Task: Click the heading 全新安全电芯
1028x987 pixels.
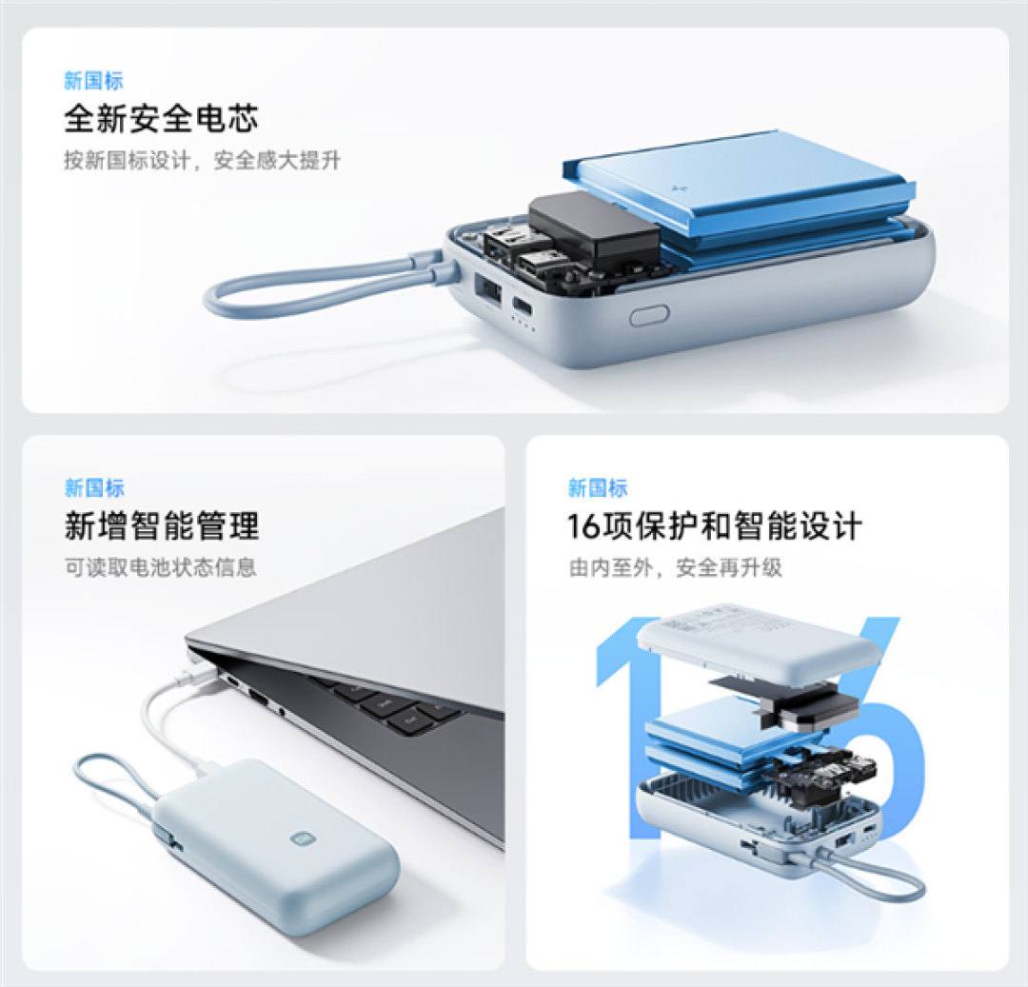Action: point(161,119)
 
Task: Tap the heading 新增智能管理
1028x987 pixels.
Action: point(162,525)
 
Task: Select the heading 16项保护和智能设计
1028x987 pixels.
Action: point(715,525)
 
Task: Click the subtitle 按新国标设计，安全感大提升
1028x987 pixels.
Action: point(202,160)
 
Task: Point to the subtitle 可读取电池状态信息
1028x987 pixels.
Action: point(160,567)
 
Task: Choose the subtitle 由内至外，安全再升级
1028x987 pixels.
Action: point(675,567)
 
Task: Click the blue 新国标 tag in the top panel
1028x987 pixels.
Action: point(93,81)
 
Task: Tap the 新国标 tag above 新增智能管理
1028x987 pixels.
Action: point(93,487)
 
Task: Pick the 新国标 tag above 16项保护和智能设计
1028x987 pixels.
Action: point(597,487)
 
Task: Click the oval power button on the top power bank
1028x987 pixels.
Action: point(649,315)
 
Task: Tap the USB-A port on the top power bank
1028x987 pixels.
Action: point(488,290)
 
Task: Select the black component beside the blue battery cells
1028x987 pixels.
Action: point(594,228)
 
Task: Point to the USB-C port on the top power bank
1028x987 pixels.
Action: point(522,306)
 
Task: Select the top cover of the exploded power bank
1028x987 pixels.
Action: point(758,637)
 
